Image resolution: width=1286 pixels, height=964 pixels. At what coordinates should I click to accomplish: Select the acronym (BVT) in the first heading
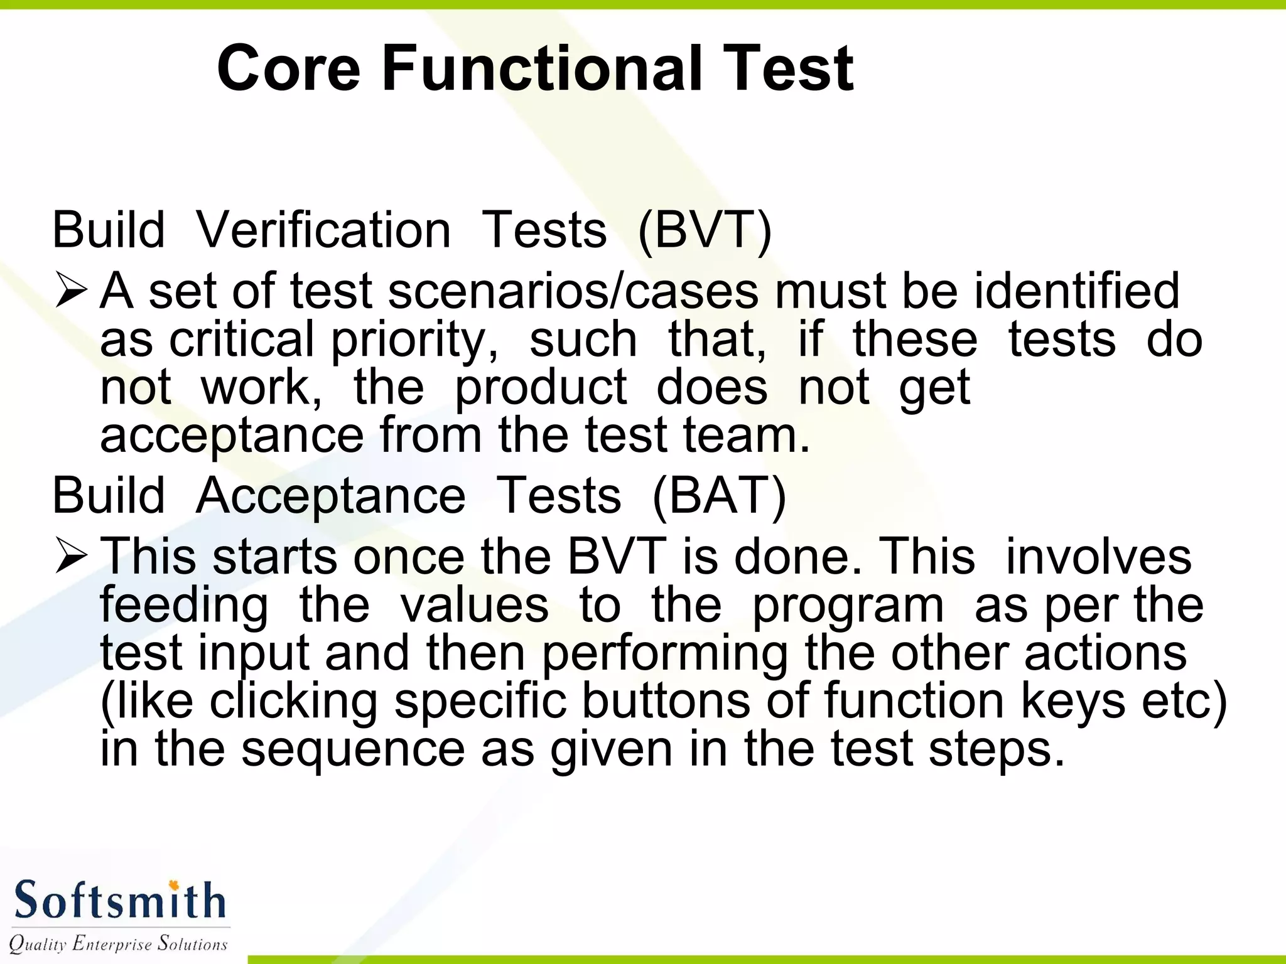tap(704, 230)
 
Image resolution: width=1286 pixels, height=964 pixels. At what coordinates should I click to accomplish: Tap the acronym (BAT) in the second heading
tap(719, 496)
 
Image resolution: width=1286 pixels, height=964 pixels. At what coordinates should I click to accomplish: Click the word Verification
tap(323, 230)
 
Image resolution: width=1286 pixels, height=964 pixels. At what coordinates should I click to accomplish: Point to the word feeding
tap(184, 607)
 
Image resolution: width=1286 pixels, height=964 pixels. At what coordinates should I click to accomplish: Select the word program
tap(848, 607)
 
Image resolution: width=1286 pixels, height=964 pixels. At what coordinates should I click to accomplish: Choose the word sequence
tap(353, 749)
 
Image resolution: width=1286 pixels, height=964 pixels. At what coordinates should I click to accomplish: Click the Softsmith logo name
tap(119, 900)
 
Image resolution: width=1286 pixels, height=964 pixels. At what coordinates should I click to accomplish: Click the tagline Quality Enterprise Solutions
tap(118, 943)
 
